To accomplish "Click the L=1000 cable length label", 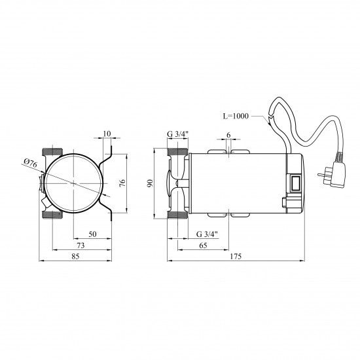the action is pyautogui.click(x=236, y=116).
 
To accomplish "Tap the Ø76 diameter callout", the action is pyautogui.click(x=30, y=163).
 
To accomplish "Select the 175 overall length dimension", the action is pyautogui.click(x=236, y=256).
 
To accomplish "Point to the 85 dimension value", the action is pyautogui.click(x=75, y=256).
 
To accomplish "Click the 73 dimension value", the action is pyautogui.click(x=81, y=245).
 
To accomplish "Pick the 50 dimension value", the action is pyautogui.click(x=92, y=234).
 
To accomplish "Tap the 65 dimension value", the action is pyautogui.click(x=203, y=245).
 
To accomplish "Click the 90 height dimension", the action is pyautogui.click(x=150, y=183).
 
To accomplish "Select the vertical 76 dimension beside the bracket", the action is pyautogui.click(x=122, y=183).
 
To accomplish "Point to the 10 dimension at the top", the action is pyautogui.click(x=107, y=134).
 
